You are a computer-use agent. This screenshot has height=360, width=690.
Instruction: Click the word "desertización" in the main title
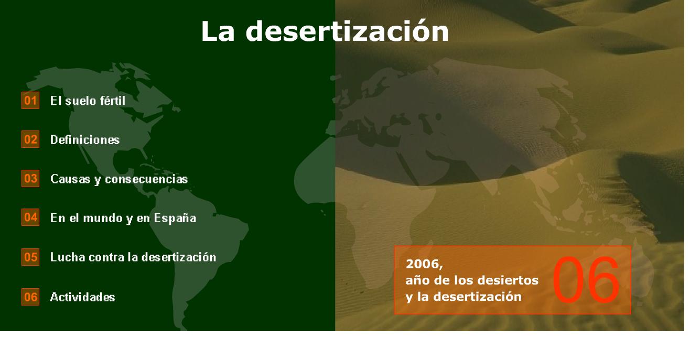[x=347, y=31]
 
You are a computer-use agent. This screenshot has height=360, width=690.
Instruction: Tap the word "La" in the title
[x=218, y=32]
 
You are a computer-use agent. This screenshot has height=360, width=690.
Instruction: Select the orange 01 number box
[x=30, y=101]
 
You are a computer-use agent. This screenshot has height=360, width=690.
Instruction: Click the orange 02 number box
[x=30, y=139]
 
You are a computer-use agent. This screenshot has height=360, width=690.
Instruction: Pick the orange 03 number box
[x=30, y=178]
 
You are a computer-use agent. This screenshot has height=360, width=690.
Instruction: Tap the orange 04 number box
[x=30, y=217]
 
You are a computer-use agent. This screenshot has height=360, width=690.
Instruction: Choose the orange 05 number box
[x=30, y=257]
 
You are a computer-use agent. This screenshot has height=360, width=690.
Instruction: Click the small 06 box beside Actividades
[x=30, y=297]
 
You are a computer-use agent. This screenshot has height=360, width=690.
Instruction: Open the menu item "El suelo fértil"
[x=88, y=101]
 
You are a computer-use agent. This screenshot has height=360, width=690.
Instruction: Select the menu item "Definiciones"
[x=85, y=140]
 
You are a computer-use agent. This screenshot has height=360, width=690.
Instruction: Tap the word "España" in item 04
[x=175, y=219]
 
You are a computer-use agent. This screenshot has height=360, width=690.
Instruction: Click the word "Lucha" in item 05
[x=68, y=257]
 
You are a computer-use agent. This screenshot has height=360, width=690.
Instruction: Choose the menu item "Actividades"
[x=82, y=297]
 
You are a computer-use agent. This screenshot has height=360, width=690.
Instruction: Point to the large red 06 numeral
[x=586, y=280]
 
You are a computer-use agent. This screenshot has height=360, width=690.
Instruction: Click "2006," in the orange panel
[x=425, y=264]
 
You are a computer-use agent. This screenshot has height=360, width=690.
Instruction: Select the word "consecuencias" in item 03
[x=146, y=179]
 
